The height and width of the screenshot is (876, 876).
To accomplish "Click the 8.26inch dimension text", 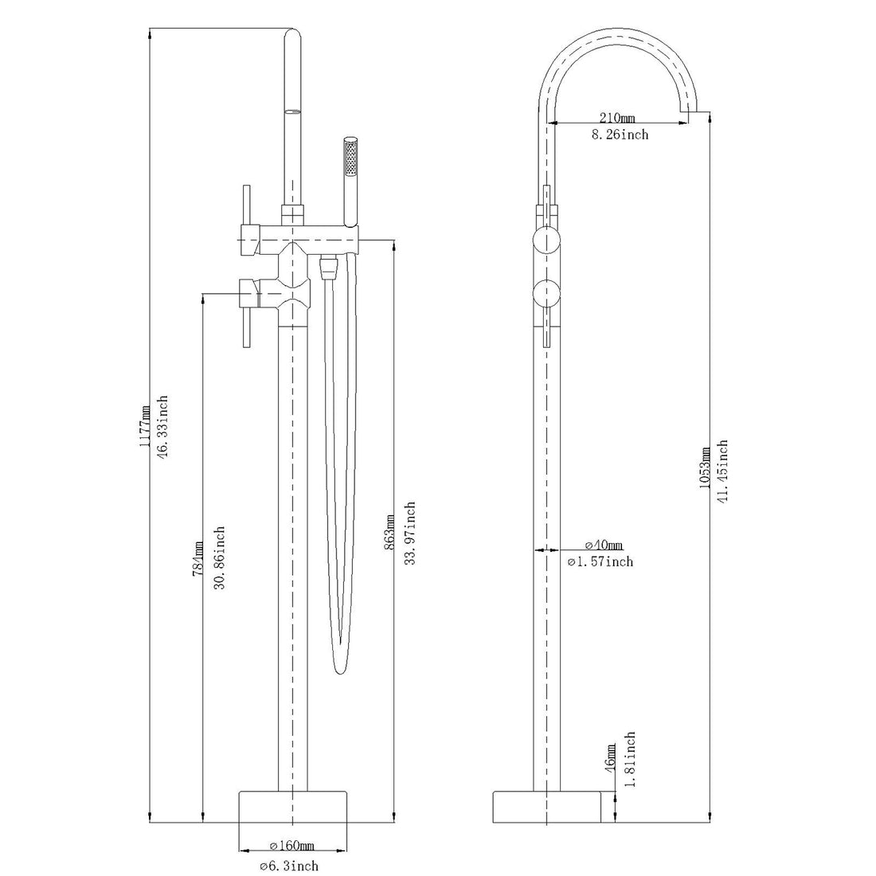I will (x=619, y=135).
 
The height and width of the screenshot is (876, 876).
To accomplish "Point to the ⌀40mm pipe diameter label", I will (x=604, y=546).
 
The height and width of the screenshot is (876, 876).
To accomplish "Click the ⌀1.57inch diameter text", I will (x=600, y=562).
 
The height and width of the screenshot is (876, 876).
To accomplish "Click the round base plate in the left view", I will (x=293, y=807).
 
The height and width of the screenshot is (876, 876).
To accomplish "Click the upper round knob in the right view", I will (x=546, y=238).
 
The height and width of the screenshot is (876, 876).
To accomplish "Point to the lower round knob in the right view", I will (x=546, y=294).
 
